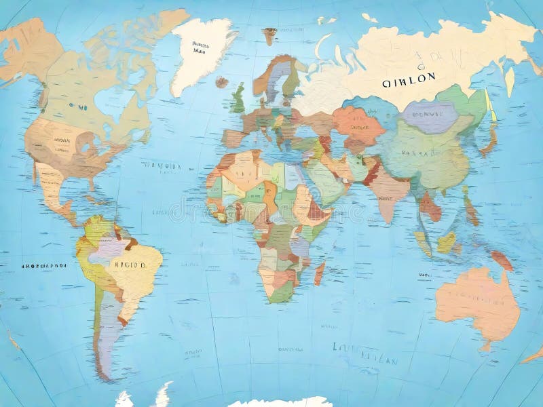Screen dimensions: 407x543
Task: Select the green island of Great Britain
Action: (238, 100)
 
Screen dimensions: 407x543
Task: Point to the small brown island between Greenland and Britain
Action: (222, 81)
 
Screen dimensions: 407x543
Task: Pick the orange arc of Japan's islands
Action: (489, 136)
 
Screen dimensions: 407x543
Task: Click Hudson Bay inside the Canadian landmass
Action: (109, 102)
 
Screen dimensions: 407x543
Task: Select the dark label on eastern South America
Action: (129, 265)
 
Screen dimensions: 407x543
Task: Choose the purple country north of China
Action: (430, 117)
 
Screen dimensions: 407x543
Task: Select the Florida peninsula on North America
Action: (92, 183)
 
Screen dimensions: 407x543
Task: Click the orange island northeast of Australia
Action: (502, 260)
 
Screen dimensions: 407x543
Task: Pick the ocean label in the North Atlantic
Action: (162, 165)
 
